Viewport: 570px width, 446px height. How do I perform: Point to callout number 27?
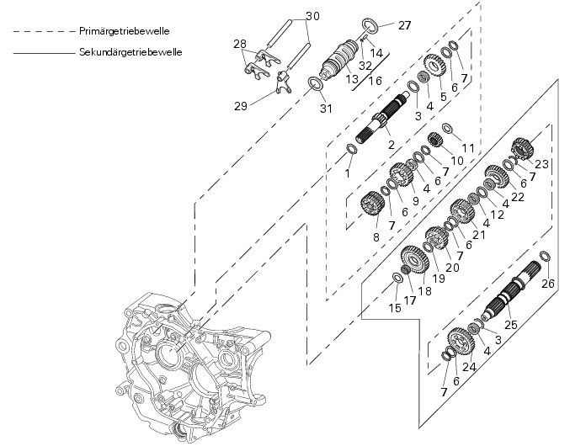tap(404, 25)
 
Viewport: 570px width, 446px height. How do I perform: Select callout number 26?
tap(549, 284)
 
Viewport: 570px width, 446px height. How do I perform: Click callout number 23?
tap(541, 164)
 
